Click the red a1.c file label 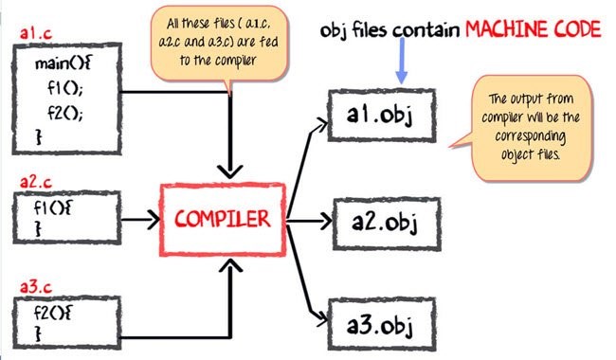pyautogui.click(x=36, y=35)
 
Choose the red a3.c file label pyautogui.click(x=37, y=286)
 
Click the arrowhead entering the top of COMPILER pyautogui.click(x=228, y=171)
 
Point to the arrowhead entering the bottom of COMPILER pyautogui.click(x=228, y=268)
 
